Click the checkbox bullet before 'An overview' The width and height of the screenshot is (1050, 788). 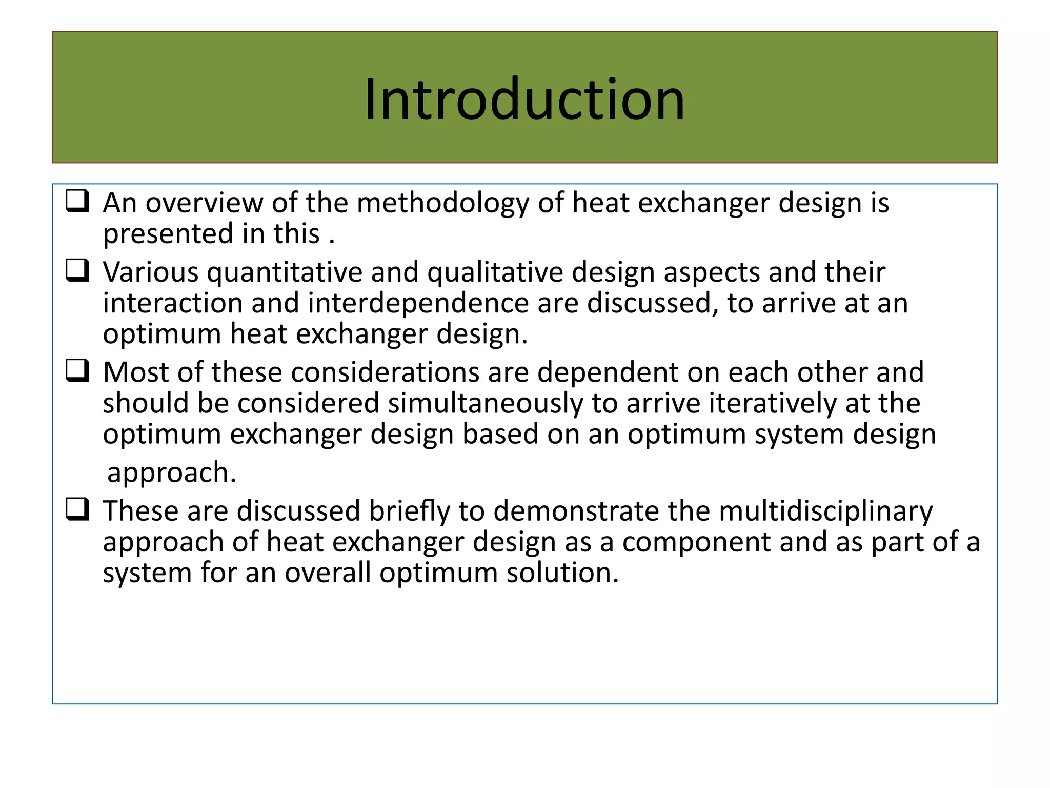[77, 201]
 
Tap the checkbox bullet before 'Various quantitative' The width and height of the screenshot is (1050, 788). [77, 270]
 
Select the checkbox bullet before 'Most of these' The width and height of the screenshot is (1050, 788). [77, 370]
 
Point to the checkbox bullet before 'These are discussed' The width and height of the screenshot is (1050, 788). [77, 509]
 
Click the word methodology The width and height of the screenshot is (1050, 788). [442, 204]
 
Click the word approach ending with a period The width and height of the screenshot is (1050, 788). [172, 473]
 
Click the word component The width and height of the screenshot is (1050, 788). [696, 542]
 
